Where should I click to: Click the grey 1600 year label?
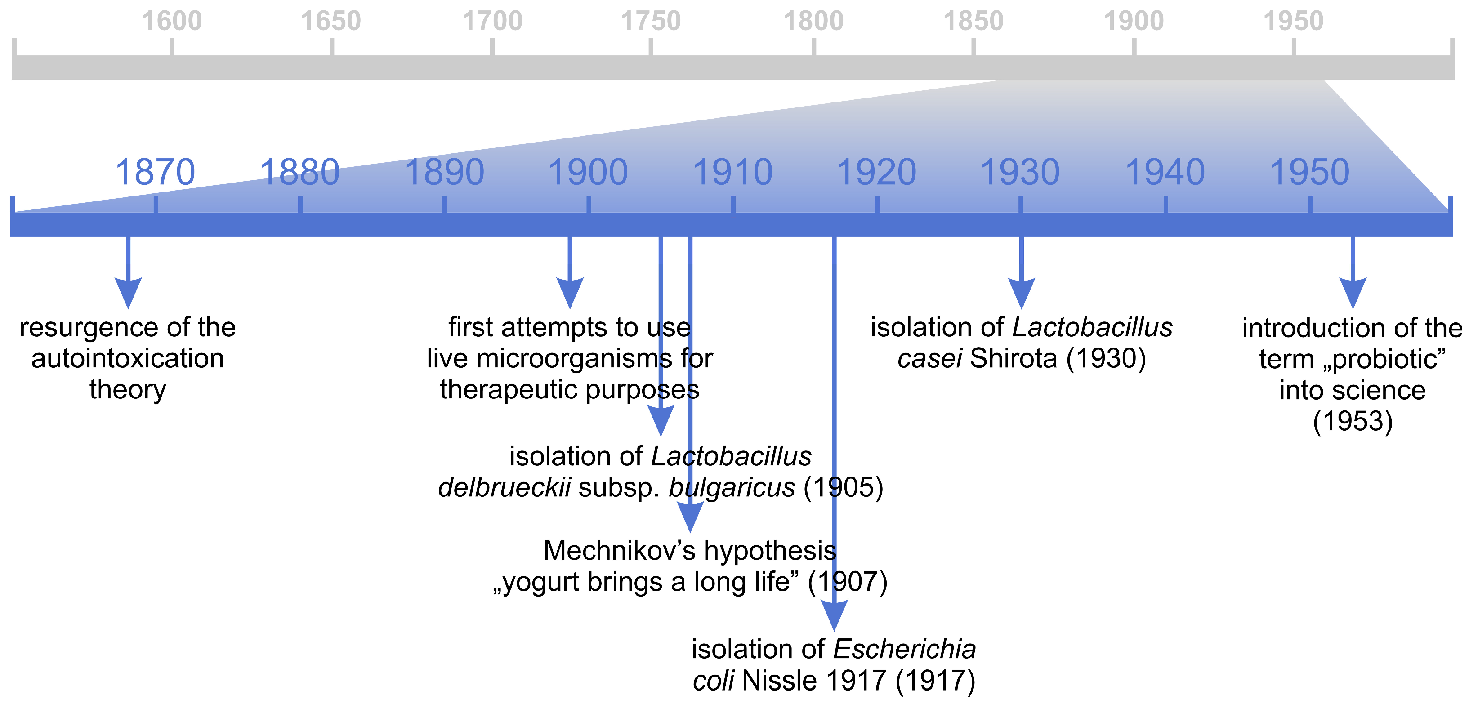tap(172, 21)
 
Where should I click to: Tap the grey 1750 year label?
tap(650, 21)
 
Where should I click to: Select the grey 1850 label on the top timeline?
tap(973, 21)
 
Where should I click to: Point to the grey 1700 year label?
tap(491, 21)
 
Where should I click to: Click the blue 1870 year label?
tap(155, 172)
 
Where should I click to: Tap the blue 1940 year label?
tap(1165, 172)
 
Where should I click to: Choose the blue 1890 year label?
tap(444, 172)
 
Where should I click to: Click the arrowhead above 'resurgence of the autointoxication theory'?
tap(128, 292)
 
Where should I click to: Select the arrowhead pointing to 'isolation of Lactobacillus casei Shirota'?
tap(1021, 292)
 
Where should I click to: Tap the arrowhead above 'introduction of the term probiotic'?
tap(1353, 292)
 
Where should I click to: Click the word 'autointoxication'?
tap(128, 359)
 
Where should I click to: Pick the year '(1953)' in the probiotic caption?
tap(1353, 421)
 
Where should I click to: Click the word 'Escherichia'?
tap(904, 649)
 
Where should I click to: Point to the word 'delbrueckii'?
tap(504, 487)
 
